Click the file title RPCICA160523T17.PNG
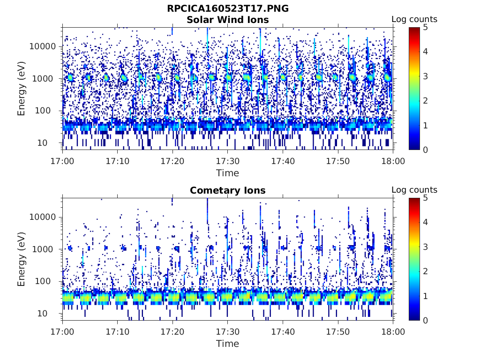click(x=228, y=9)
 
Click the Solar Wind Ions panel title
click(x=228, y=20)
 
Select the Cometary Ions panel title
click(x=228, y=190)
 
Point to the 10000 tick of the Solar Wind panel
click(x=43, y=46)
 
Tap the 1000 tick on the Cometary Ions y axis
click(x=45, y=249)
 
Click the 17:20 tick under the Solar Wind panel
click(x=172, y=161)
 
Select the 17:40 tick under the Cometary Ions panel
click(x=283, y=332)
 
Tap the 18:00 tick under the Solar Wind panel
click(x=393, y=161)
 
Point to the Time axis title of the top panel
click(x=228, y=173)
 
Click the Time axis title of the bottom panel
click(x=228, y=344)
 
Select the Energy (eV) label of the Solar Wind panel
click(x=22, y=88)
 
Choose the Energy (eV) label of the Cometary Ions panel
click(x=22, y=259)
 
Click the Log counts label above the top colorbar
click(x=414, y=19)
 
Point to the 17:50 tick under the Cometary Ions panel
click(x=337, y=332)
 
